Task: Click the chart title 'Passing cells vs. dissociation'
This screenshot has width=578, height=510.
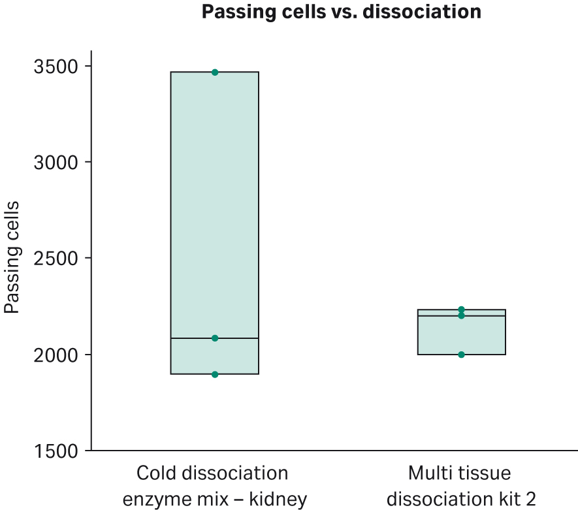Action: [341, 12]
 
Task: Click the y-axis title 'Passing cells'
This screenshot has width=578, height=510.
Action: [12, 258]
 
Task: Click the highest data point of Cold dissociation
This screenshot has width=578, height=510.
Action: [215, 72]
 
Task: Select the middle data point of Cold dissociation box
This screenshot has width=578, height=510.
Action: [215, 338]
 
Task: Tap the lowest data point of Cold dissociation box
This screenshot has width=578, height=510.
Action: [215, 374]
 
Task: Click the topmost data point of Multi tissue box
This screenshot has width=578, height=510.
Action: [461, 310]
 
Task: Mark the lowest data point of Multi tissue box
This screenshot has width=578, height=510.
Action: [461, 355]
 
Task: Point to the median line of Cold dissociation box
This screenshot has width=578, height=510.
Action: [189, 338]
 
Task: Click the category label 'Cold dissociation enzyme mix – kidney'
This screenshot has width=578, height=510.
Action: [215, 486]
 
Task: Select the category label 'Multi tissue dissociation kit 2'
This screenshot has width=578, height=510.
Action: [461, 486]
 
